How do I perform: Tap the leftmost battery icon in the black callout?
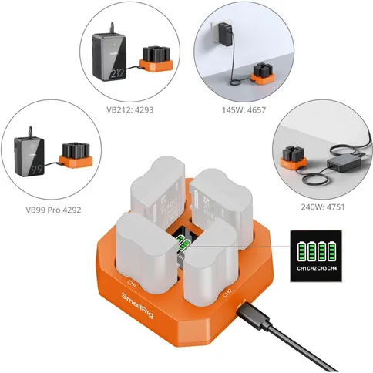point(301,251)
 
